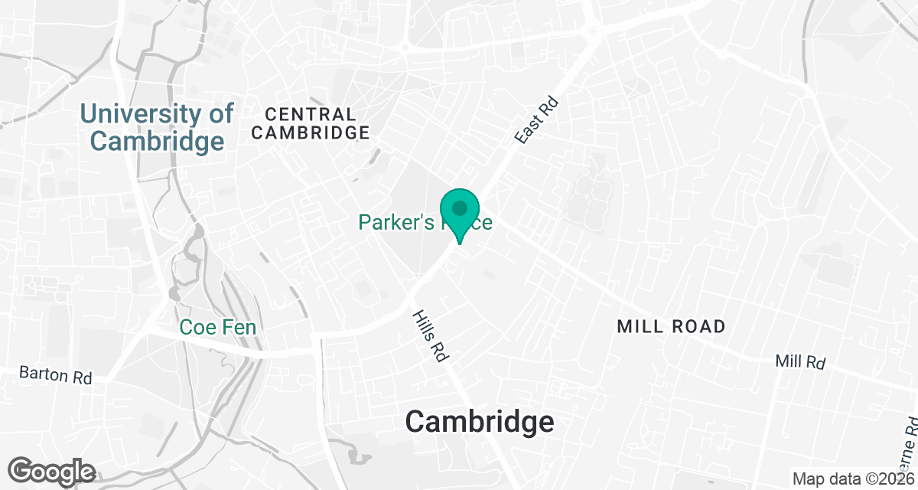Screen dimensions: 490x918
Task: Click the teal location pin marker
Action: click(460, 214)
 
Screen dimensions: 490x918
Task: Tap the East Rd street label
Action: click(536, 120)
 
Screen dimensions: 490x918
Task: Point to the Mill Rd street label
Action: click(799, 361)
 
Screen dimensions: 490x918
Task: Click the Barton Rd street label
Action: click(55, 377)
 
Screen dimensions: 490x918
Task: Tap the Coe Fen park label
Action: click(217, 328)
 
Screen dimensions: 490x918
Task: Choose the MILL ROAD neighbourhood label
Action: click(671, 327)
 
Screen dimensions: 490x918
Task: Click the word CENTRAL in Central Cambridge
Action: click(310, 114)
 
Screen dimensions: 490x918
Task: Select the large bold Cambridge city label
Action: click(480, 422)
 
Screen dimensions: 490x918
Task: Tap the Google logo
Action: click(51, 471)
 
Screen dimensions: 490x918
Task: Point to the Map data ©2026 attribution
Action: click(854, 479)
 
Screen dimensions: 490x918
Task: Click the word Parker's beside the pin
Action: click(397, 223)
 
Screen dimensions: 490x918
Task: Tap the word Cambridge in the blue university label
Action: click(158, 141)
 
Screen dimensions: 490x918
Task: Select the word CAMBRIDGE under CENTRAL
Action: click(310, 132)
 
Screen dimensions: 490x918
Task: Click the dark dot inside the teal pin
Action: click(460, 207)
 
